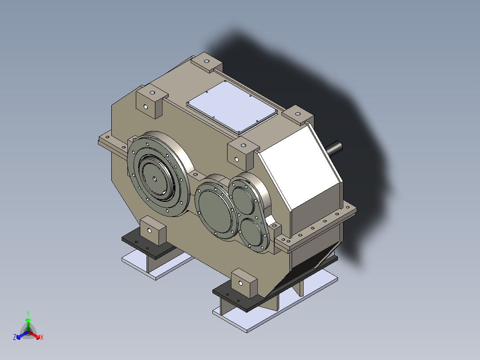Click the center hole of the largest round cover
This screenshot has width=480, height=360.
(x=154, y=179)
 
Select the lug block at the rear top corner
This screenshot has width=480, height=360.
(x=206, y=62)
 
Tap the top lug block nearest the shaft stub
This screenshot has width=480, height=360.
(x=297, y=115)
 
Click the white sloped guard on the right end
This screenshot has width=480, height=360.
(x=303, y=174)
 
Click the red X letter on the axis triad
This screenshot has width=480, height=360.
(x=42, y=338)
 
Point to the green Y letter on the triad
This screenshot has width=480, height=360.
(x=28, y=313)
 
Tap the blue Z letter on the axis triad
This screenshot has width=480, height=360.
(x=15, y=338)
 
